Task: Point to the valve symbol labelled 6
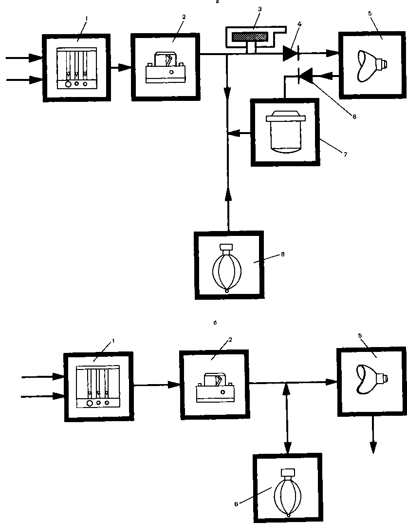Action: (305, 76)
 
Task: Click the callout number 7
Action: (345, 155)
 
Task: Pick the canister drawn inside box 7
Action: (285, 133)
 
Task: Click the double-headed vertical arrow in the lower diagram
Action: (288, 417)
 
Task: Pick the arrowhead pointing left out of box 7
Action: (234, 132)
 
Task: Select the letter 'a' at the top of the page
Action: (218, 2)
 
